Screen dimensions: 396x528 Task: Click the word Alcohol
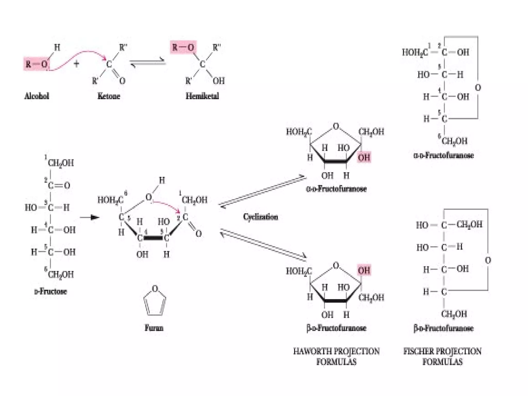(x=37, y=96)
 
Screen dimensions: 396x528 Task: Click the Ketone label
(x=109, y=96)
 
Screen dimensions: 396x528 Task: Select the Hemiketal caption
(x=202, y=96)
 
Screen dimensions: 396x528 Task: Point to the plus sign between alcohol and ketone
(x=76, y=63)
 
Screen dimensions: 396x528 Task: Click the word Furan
(x=154, y=328)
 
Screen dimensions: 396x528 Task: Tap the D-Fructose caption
(x=51, y=292)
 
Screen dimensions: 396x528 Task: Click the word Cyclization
(x=260, y=217)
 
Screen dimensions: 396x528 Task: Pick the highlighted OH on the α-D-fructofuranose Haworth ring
(x=364, y=157)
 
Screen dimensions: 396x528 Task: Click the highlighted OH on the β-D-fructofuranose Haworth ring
(x=364, y=270)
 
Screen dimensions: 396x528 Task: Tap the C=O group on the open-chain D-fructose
(x=59, y=185)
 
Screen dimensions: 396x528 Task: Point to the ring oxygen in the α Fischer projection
(x=478, y=88)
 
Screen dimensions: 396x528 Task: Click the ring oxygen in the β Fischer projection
(x=488, y=260)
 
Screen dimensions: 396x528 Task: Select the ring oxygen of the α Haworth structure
(x=336, y=126)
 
